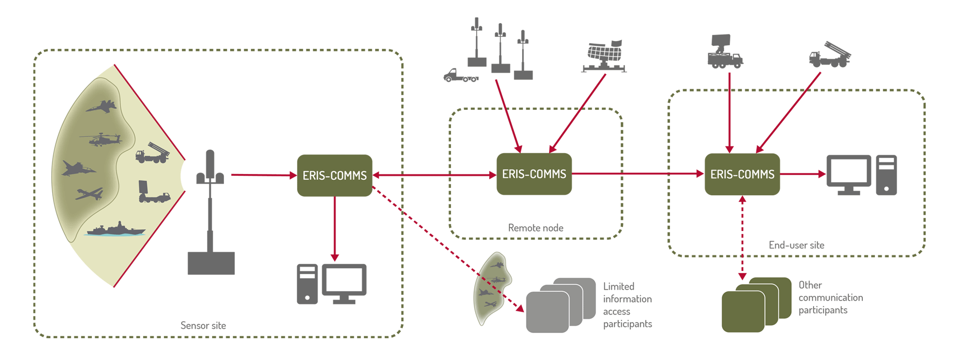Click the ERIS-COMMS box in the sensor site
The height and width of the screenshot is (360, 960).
pyautogui.click(x=335, y=175)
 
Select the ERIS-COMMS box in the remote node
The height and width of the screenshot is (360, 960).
pyautogui.click(x=534, y=174)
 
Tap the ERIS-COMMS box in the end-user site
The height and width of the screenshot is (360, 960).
pyautogui.click(x=742, y=174)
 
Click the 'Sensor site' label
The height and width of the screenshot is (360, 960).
pyautogui.click(x=203, y=326)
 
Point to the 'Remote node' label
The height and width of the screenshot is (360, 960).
pyautogui.click(x=536, y=228)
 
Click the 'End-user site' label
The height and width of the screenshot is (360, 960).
pyautogui.click(x=796, y=245)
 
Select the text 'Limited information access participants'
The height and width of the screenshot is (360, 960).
pyautogui.click(x=627, y=305)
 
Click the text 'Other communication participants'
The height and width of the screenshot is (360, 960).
pyautogui.click(x=830, y=298)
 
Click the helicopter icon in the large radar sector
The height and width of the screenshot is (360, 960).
pyautogui.click(x=101, y=140)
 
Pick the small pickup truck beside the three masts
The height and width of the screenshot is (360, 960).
pyautogui.click(x=460, y=76)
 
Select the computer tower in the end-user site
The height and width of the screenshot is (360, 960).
pyautogui.click(x=886, y=175)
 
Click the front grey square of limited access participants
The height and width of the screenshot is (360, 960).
pyautogui.click(x=547, y=312)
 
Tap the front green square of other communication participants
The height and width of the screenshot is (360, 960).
pyautogui.click(x=743, y=312)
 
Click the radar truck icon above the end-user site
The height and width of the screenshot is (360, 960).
pyautogui.click(x=724, y=52)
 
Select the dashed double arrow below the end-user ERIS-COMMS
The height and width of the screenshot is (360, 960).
pyautogui.click(x=742, y=238)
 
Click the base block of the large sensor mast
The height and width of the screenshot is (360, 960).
pyautogui.click(x=211, y=263)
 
